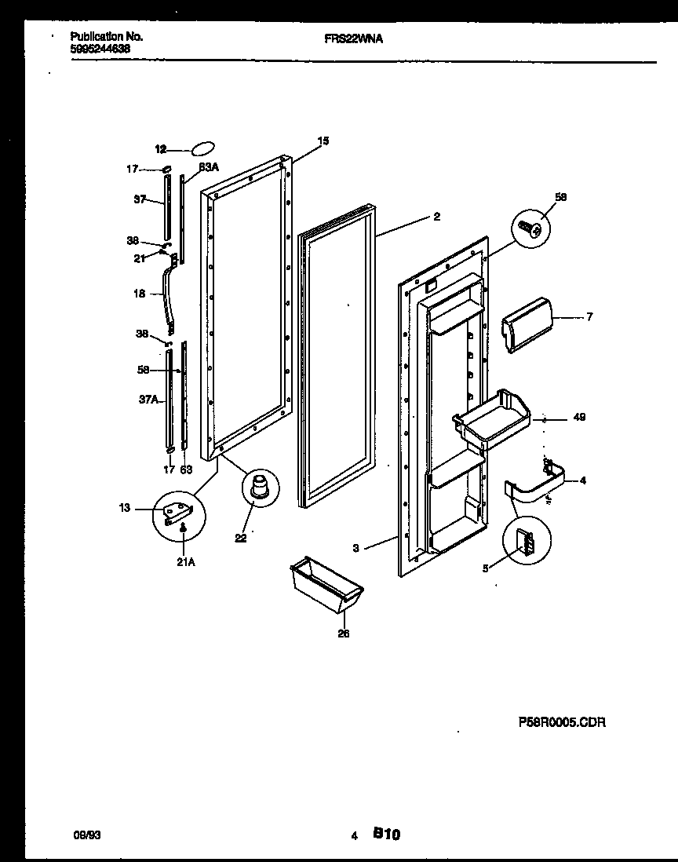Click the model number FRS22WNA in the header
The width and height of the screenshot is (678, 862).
353,37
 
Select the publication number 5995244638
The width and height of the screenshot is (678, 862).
100,48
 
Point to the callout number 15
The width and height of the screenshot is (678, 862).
323,141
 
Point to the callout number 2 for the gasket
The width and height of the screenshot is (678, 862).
436,217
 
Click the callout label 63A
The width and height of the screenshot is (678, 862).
208,166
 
